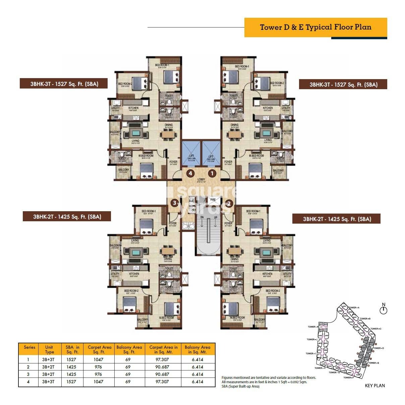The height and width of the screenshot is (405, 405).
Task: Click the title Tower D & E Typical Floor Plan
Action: (x=315, y=27)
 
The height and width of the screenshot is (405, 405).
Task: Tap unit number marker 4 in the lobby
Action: (x=190, y=173)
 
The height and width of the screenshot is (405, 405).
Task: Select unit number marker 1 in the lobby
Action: (x=212, y=173)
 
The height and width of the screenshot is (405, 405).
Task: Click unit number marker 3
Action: (x=174, y=203)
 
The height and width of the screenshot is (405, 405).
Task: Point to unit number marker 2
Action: (x=229, y=203)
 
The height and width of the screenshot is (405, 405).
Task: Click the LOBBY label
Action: (x=201, y=180)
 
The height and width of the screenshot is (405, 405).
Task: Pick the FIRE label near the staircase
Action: (x=213, y=200)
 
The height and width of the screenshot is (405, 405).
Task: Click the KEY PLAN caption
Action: (x=374, y=386)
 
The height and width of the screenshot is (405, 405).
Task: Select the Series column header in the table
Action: (x=30, y=347)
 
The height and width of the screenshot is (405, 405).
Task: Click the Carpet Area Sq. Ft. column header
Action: (x=99, y=349)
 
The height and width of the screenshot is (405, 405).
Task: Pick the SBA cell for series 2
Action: (x=71, y=367)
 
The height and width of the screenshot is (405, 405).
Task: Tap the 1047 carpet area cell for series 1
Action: (x=99, y=359)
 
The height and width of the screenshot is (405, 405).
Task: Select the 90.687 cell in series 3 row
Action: (x=162, y=374)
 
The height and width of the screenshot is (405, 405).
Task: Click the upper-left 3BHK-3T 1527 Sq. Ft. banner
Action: (x=64, y=84)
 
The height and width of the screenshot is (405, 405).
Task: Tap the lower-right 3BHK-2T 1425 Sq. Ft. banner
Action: (x=337, y=219)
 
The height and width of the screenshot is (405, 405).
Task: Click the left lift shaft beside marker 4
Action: (x=191, y=154)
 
